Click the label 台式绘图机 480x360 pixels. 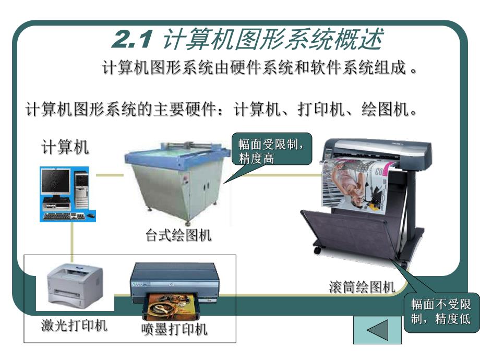pos(178,236)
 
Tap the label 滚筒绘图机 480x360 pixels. pos(362,286)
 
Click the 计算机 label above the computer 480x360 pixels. pos(65,148)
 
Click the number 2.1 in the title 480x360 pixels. pos(131,40)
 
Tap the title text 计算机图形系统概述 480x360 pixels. pos(272,40)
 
